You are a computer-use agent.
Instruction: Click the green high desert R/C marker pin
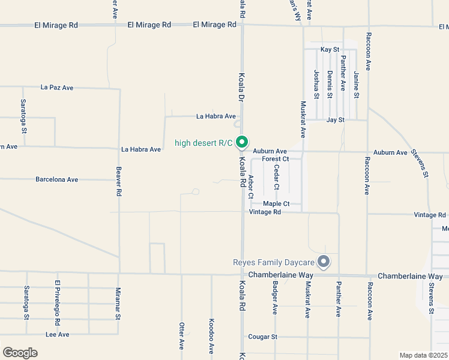click(242, 142)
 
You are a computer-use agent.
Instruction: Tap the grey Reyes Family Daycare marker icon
click(324, 262)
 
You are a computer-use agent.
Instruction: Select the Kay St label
click(330, 49)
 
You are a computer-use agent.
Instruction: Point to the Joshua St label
click(316, 84)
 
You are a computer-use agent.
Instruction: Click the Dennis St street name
click(330, 84)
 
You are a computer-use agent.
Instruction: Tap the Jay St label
click(335, 120)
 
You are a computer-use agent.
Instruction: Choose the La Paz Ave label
click(57, 88)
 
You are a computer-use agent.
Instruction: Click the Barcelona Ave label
click(57, 179)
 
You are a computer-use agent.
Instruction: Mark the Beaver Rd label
click(119, 182)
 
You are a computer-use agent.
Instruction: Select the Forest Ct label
click(276, 159)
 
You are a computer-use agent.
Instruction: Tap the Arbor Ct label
click(251, 187)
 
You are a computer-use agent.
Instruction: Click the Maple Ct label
click(276, 204)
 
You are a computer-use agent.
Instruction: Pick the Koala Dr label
click(242, 88)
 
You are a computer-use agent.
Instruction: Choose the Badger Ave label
click(275, 298)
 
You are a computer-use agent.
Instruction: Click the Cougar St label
click(262, 337)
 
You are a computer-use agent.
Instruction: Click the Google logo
click(20, 353)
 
